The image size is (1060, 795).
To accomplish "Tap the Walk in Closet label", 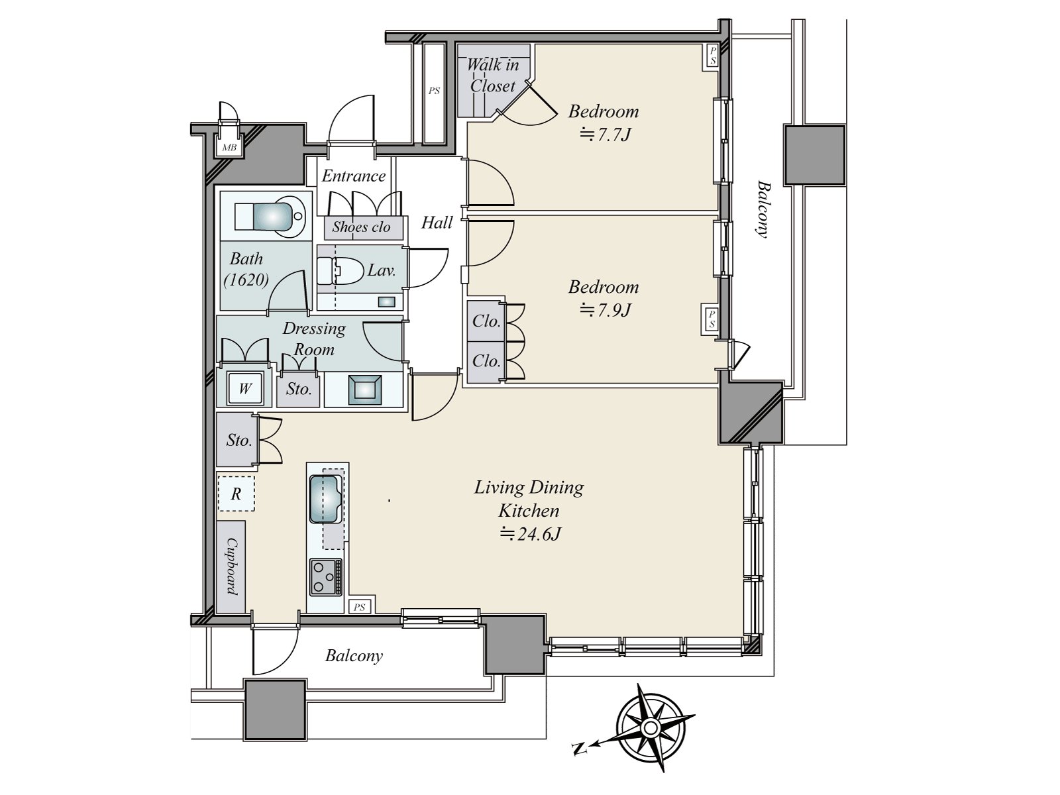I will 492,76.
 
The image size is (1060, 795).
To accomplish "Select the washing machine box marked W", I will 244,388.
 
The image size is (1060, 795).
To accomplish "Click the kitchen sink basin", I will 325,499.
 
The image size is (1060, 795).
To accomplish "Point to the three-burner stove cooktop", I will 325,577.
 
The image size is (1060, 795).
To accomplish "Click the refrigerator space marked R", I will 236,494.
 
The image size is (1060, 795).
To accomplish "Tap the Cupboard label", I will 232,566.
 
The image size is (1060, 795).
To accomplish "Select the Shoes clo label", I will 361,227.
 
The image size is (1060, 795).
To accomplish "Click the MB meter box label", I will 229,148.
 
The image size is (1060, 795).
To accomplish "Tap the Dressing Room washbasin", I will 364,388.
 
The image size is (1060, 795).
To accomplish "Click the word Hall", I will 437,223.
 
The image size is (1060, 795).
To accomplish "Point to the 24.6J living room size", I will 530,534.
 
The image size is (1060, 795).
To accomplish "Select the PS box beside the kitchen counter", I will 359,607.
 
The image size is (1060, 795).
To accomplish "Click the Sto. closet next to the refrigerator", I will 238,440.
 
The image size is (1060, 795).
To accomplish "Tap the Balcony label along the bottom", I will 354,656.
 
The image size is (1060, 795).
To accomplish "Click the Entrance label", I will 354,176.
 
